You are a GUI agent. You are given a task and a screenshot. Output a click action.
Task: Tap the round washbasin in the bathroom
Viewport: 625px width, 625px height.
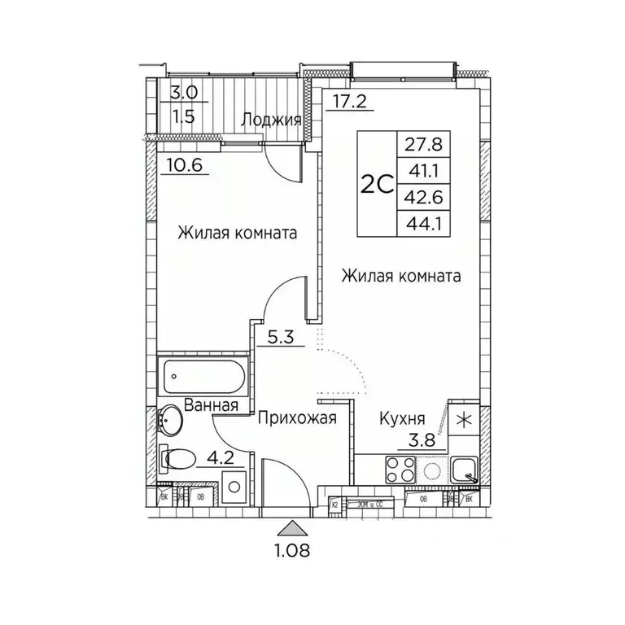[x=172, y=421]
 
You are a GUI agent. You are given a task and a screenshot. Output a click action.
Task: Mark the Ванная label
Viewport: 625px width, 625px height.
[x=210, y=404]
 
